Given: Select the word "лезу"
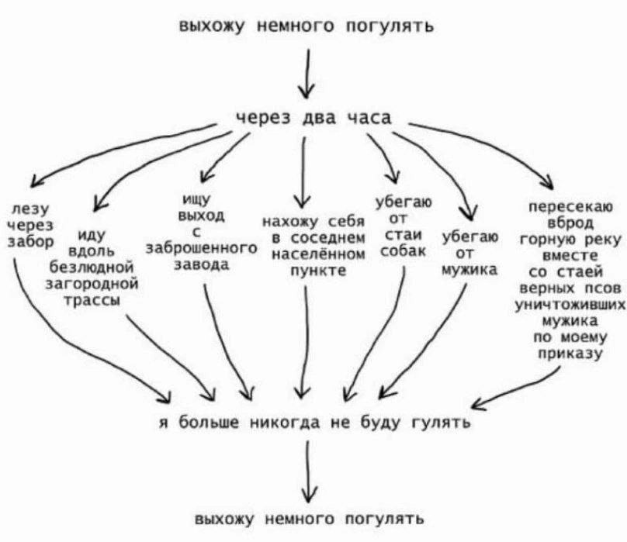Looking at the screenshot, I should pos(29,209).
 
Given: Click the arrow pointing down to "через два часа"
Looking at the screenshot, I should pos(309,74).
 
